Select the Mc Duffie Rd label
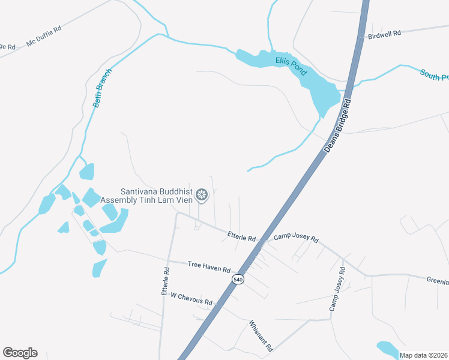44,37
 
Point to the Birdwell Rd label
384,35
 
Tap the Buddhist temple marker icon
202,195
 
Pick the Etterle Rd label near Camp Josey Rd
242,236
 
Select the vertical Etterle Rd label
166,280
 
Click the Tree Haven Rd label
209,268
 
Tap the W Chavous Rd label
191,298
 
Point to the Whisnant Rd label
261,335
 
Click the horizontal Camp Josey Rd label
296,238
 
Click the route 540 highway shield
238,280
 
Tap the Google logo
20,353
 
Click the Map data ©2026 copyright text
424,355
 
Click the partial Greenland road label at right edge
438,280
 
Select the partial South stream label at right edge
434,75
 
